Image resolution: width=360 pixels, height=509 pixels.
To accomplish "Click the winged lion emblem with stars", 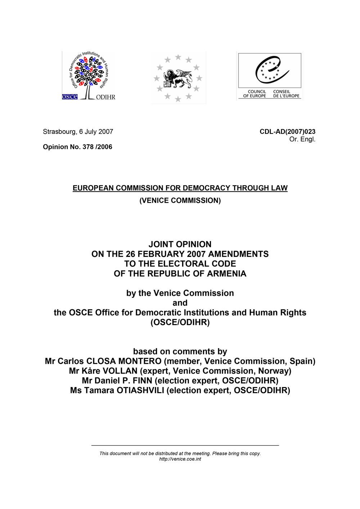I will point(178,78).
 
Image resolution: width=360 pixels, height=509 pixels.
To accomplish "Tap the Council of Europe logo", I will point(270,76).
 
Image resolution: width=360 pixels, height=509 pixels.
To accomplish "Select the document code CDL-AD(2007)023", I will point(287,132).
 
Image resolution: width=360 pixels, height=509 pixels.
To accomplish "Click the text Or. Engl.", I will point(302,139).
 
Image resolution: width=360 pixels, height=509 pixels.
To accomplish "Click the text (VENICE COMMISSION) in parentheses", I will point(180,201).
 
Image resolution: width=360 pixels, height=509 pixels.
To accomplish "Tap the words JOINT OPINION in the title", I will point(180,244).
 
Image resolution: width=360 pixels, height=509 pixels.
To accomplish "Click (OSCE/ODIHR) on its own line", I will point(180,322).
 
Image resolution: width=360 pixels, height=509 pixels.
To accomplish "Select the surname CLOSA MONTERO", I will point(124,361).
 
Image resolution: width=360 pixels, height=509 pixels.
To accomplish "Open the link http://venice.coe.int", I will point(180,459).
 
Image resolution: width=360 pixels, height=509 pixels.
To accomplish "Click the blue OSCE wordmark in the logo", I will point(69,97).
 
